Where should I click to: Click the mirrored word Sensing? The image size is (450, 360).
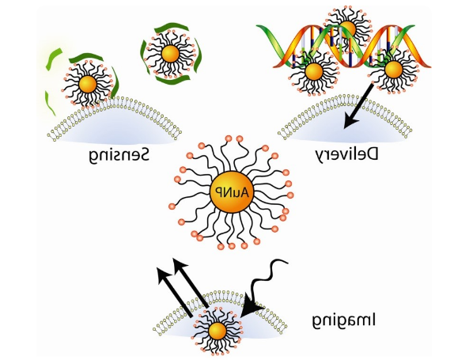coord(119,155)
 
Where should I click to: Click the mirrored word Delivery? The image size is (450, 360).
coord(347,155)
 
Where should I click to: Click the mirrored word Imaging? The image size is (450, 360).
coord(343,321)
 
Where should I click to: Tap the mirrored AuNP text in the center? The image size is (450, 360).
coord(232,192)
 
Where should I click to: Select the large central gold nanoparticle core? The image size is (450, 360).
coord(232,192)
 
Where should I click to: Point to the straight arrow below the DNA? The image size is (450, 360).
coord(358,105)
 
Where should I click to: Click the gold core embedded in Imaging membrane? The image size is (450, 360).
coord(217,331)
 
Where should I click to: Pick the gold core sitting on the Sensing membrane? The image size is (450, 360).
coord(87,84)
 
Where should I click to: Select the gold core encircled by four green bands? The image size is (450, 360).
coord(170,54)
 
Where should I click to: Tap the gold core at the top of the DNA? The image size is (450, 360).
coord(347,28)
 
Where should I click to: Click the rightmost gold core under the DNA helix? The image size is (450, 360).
coord(393,70)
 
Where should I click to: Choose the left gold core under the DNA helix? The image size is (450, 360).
coord(314,71)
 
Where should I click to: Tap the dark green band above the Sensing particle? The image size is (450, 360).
coord(86,57)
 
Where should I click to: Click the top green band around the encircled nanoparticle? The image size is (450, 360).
coord(171,27)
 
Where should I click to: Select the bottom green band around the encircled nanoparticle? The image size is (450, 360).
coord(173,80)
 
